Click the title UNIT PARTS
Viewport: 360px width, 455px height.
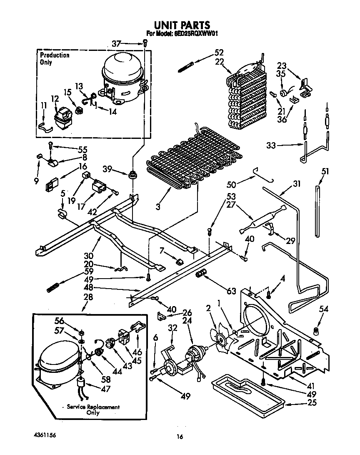click(180, 25)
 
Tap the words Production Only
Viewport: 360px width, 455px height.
click(54, 59)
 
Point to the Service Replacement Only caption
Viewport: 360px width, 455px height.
click(93, 410)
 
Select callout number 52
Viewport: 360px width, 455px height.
click(219, 53)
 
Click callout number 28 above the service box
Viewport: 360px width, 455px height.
click(88, 297)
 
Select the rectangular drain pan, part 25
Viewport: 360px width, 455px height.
click(247, 392)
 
